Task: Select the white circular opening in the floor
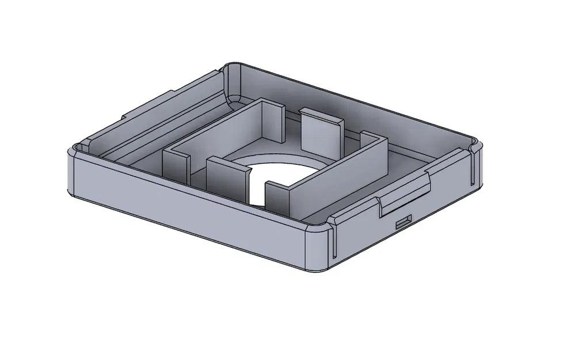(x=282, y=173)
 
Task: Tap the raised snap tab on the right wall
(x=406, y=196)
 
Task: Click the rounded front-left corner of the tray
(x=71, y=173)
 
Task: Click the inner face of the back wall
(x=357, y=109)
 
